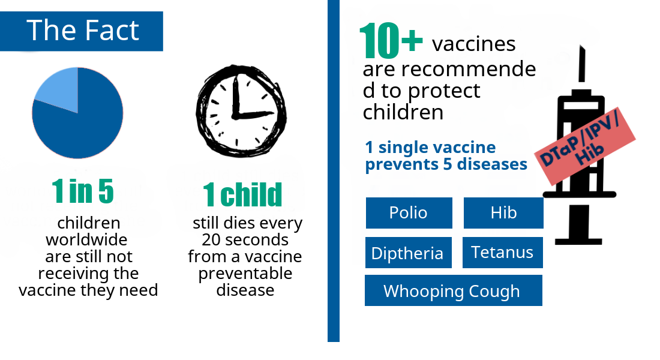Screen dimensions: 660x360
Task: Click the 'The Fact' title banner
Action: [81, 31]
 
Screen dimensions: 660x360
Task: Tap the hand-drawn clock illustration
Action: [241, 111]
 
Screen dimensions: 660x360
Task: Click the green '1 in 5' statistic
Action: [83, 191]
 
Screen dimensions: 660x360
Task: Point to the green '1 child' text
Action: [242, 194]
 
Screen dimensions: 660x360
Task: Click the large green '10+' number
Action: [391, 40]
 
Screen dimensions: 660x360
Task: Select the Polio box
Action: [409, 213]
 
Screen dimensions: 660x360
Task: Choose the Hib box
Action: [503, 213]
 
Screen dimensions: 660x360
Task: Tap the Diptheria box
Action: [408, 253]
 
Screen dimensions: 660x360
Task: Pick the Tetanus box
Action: [503, 253]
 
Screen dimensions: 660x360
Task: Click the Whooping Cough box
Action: [454, 290]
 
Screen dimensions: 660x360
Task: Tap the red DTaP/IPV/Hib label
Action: [585, 146]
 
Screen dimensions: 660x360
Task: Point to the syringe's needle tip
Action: [582, 46]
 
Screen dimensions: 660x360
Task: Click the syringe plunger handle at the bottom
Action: [578, 242]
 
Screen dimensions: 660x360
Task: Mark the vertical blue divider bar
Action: [334, 171]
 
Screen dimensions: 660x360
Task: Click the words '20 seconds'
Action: [245, 240]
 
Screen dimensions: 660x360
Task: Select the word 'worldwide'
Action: [87, 240]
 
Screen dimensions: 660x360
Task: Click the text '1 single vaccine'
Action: [430, 148]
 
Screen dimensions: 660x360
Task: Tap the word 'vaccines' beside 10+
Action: [473, 44]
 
